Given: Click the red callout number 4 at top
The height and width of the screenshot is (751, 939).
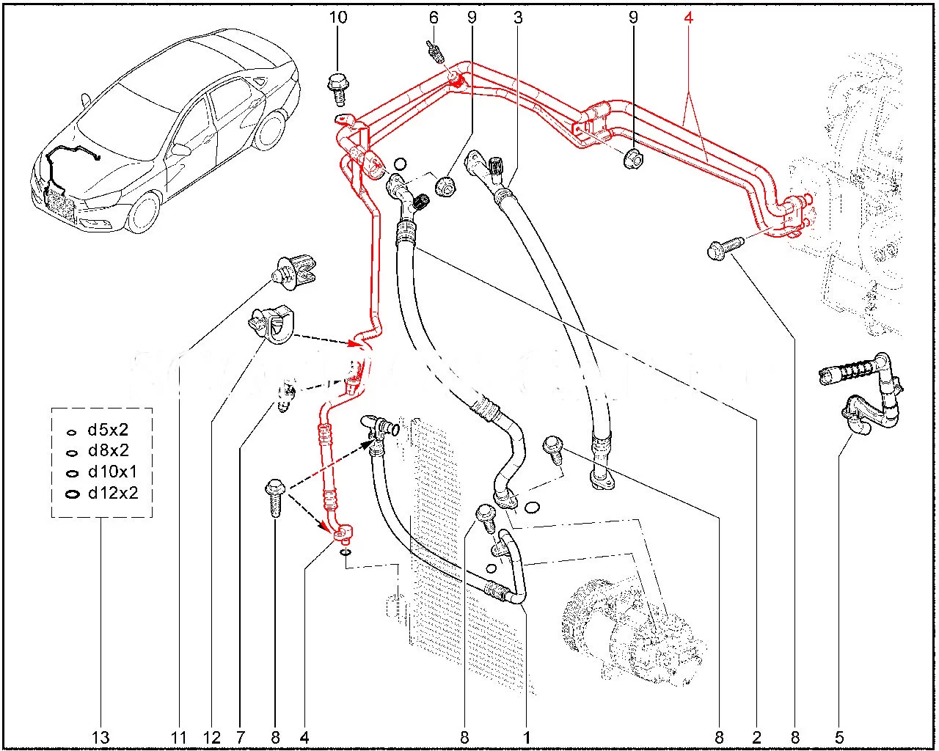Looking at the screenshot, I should pyautogui.click(x=688, y=17).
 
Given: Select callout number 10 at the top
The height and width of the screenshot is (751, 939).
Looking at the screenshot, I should pyautogui.click(x=338, y=17).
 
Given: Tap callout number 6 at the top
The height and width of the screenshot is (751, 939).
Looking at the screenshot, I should pyautogui.click(x=434, y=17).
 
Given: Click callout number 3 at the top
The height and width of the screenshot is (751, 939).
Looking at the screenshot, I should pyautogui.click(x=518, y=17).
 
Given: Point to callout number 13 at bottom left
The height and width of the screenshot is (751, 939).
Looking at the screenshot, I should pyautogui.click(x=101, y=737).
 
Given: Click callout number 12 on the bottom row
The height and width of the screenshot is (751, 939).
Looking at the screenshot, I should pyautogui.click(x=212, y=737).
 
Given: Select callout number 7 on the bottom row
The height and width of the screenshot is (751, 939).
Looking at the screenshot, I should pyautogui.click(x=241, y=737).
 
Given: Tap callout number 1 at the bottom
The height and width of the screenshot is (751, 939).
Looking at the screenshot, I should pyautogui.click(x=526, y=737).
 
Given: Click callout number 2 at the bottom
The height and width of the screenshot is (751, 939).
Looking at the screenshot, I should pyautogui.click(x=756, y=737).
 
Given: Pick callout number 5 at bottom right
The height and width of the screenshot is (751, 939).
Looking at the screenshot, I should pyautogui.click(x=839, y=737).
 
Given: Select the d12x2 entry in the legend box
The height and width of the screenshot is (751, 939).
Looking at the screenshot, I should pyautogui.click(x=112, y=493).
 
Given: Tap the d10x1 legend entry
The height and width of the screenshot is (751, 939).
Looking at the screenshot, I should pyautogui.click(x=112, y=472).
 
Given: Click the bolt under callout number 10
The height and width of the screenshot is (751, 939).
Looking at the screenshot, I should pyautogui.click(x=338, y=86).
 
